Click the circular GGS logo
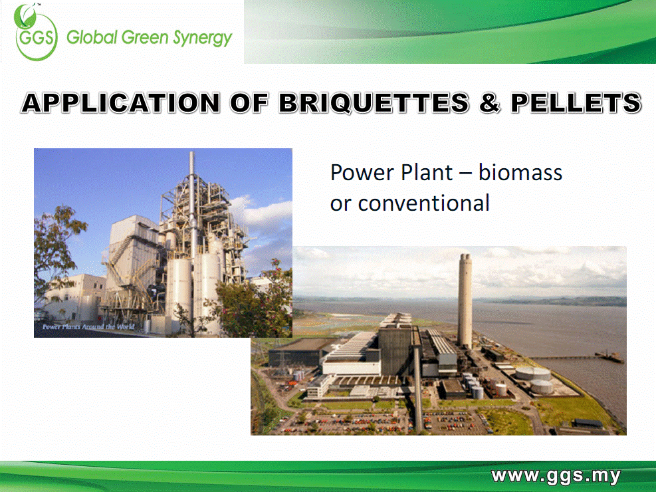pyautogui.click(x=36, y=33)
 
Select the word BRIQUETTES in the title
pyautogui.click(x=374, y=103)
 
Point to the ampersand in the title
pyautogui.click(x=490, y=103)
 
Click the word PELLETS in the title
pyautogui.click(x=576, y=103)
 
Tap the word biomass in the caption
pyautogui.click(x=520, y=172)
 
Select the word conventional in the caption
pyautogui.click(x=424, y=203)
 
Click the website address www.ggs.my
pyautogui.click(x=556, y=476)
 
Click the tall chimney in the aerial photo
pyautogui.click(x=465, y=301)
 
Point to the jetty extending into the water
pyautogui.click(x=578, y=357)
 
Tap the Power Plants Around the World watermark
pyautogui.click(x=88, y=326)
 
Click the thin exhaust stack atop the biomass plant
pyautogui.click(x=192, y=197)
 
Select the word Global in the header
pyautogui.click(x=92, y=37)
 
